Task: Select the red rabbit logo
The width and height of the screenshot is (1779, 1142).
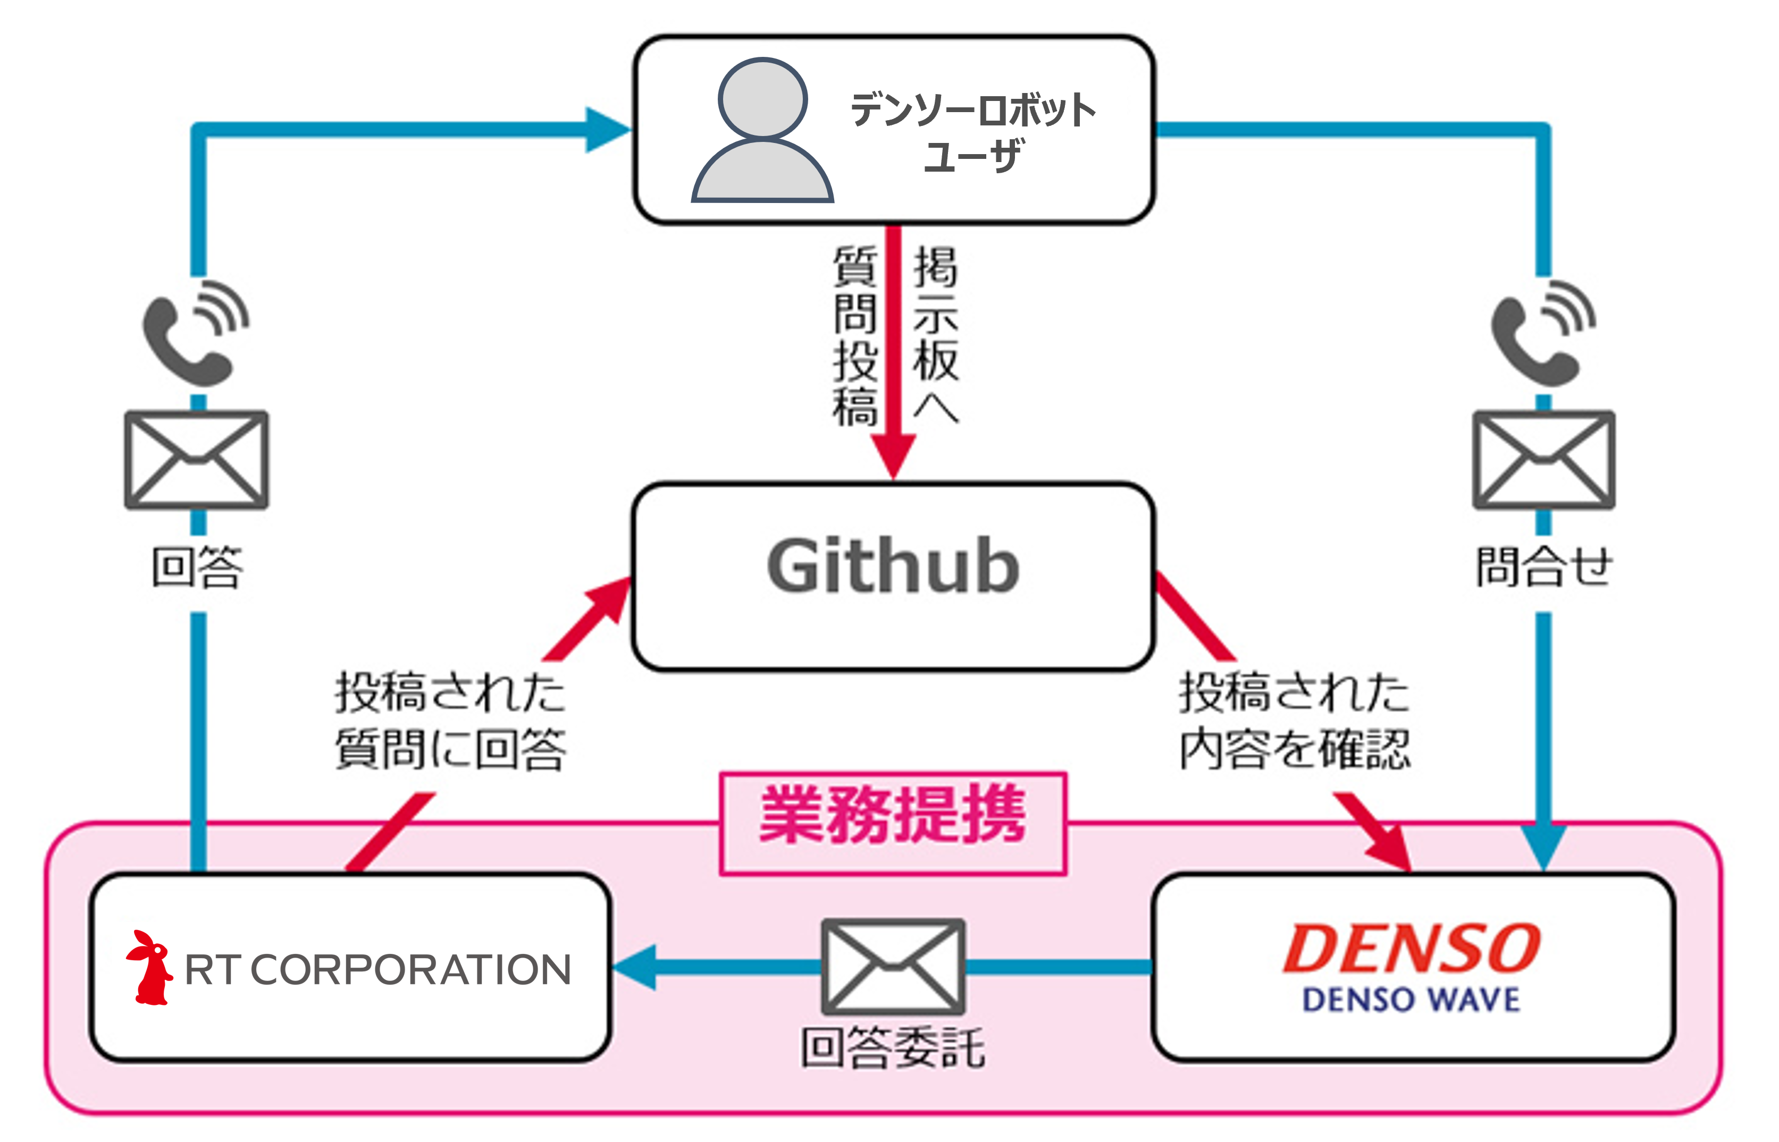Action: click(x=149, y=968)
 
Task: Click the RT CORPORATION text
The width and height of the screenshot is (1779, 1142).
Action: click(x=377, y=969)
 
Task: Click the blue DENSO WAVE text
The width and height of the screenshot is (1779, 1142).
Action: click(x=1411, y=1000)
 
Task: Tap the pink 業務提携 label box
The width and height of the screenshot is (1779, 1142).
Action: click(x=893, y=824)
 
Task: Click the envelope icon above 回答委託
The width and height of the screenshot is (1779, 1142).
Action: click(x=893, y=967)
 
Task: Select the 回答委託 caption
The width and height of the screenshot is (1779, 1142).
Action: click(x=893, y=1047)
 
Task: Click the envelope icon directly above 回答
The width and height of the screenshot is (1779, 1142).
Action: click(x=197, y=460)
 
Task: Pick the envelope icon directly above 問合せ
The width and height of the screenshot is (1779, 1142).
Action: click(x=1544, y=460)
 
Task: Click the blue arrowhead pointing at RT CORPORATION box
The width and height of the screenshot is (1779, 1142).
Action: click(x=634, y=967)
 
